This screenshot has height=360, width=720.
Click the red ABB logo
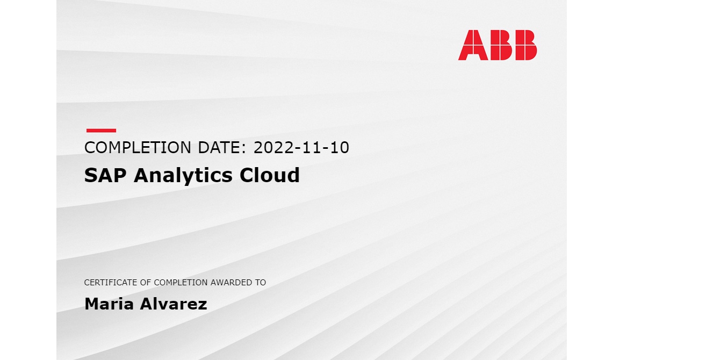[497, 45]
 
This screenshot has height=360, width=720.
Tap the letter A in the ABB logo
[473, 45]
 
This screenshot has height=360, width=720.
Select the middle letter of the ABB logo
[501, 45]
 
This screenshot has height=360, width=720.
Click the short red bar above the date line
[101, 131]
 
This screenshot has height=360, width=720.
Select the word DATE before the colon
[219, 148]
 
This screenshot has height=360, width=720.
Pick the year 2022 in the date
[273, 148]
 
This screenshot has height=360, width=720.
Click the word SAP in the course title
[105, 175]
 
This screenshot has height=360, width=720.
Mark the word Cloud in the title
[270, 175]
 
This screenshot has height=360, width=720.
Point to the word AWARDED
[232, 283]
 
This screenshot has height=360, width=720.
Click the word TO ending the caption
[261, 283]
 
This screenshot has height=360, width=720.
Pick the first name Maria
[109, 304]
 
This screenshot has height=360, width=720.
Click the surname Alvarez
[173, 304]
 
